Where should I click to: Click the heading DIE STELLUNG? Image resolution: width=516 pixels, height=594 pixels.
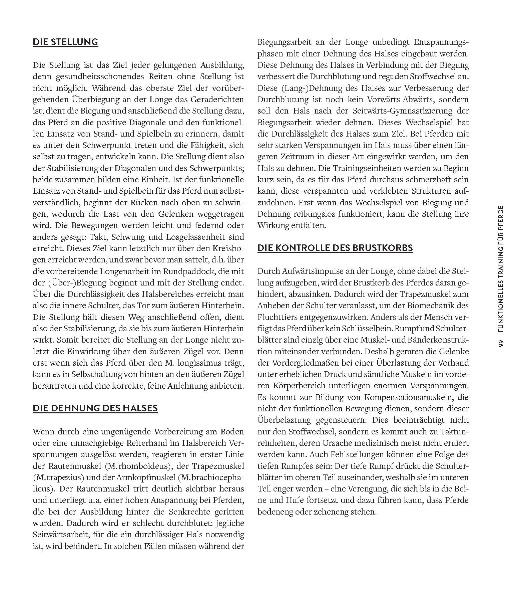65,42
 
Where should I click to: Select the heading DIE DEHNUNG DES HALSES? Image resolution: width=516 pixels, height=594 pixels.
95,408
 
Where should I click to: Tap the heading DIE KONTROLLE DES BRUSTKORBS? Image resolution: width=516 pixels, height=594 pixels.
335,248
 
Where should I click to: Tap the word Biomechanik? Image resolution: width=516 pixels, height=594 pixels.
435,306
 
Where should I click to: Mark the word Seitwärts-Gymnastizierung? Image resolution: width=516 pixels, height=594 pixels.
395,111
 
